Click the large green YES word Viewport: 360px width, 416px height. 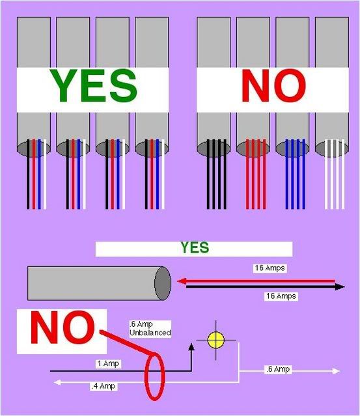click(x=95, y=86)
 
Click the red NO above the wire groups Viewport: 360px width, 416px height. click(x=273, y=85)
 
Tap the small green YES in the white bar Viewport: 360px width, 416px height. click(x=195, y=247)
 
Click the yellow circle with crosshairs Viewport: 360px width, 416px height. click(x=215, y=340)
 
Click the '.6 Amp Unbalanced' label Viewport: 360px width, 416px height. click(x=150, y=329)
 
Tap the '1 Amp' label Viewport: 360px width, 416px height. click(x=108, y=363)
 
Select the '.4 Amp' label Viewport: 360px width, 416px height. click(x=104, y=386)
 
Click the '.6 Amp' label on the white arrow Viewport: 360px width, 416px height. click(x=278, y=369)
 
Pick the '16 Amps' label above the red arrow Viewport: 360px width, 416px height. click(x=270, y=268)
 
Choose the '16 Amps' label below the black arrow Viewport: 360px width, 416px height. click(x=281, y=296)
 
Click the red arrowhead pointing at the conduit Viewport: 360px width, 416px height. click(x=182, y=281)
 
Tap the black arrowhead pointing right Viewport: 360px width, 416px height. click(x=340, y=287)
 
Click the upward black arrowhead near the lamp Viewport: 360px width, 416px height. click(x=191, y=347)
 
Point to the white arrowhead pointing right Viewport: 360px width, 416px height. click(x=336, y=371)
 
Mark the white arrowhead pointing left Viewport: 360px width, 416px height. click(x=57, y=382)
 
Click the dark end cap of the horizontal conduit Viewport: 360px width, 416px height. click(x=163, y=283)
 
